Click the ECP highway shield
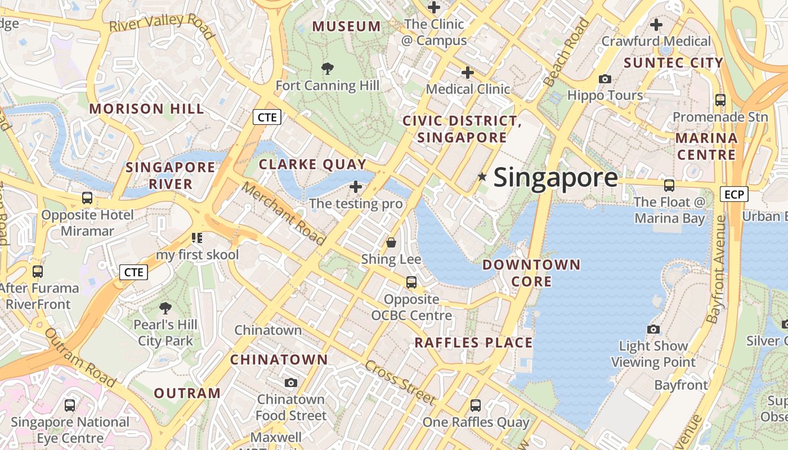point(734,195)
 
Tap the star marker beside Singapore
point(482,177)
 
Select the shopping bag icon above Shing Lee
point(391,242)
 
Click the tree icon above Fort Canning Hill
point(327,69)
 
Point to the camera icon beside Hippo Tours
point(605,79)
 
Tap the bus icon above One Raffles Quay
point(476,405)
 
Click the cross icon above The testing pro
point(356,186)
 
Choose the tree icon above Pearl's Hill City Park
point(165,308)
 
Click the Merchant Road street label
point(284,214)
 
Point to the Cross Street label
point(400,382)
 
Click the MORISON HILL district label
point(146,109)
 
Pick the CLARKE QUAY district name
point(312,164)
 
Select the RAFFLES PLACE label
point(473,343)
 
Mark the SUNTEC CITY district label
point(673,62)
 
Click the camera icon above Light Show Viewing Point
point(653,329)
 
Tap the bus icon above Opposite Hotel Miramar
point(87,198)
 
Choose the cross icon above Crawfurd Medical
point(656,25)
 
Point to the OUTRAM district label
point(187,393)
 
